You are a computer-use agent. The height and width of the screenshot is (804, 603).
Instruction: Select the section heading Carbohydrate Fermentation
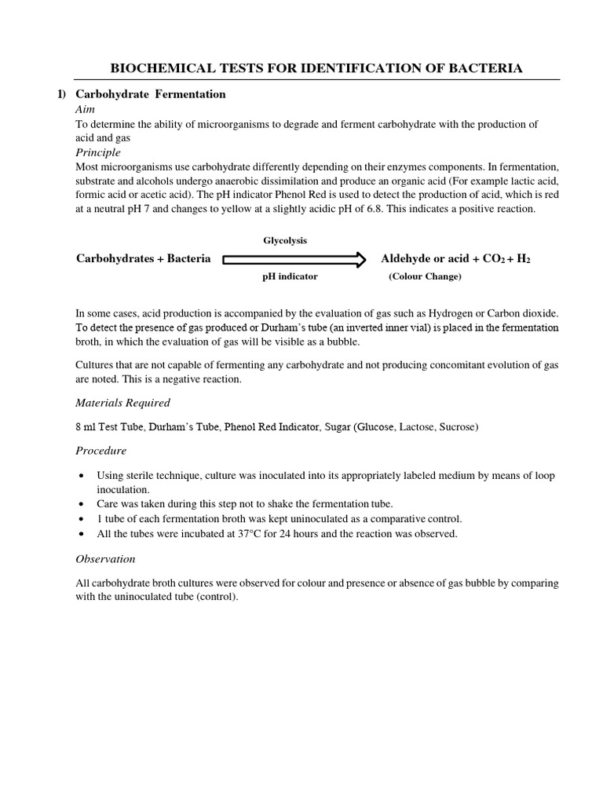pyautogui.click(x=150, y=94)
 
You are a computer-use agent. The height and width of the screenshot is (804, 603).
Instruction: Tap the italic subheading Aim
pyautogui.click(x=85, y=110)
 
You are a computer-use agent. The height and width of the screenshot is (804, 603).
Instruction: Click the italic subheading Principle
pyautogui.click(x=98, y=152)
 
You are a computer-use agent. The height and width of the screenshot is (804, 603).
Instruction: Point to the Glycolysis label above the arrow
pyautogui.click(x=285, y=240)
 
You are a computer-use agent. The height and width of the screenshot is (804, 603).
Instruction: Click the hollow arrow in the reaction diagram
pyautogui.click(x=294, y=259)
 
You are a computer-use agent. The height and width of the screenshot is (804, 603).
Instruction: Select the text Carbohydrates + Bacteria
pyautogui.click(x=143, y=259)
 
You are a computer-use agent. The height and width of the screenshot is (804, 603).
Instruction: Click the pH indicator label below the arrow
pyautogui.click(x=290, y=277)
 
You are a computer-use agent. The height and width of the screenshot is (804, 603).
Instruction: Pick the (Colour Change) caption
pyautogui.click(x=425, y=277)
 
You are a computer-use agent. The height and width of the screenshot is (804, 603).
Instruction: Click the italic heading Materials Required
pyautogui.click(x=122, y=403)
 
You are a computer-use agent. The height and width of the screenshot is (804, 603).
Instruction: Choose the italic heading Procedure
pyautogui.click(x=100, y=451)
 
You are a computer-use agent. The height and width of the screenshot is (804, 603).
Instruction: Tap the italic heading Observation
pyautogui.click(x=105, y=559)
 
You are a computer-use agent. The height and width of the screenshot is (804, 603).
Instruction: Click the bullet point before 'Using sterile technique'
pyautogui.click(x=83, y=476)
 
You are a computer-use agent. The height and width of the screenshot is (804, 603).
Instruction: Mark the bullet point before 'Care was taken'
pyautogui.click(x=83, y=504)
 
